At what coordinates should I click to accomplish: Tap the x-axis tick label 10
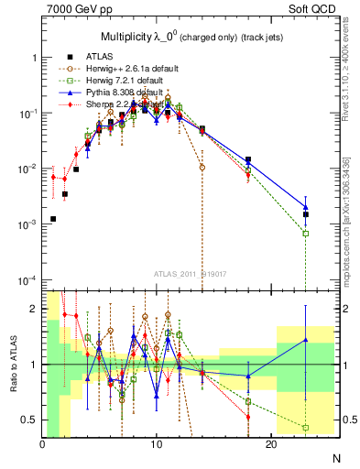(157, 443)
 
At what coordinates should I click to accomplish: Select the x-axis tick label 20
(270, 443)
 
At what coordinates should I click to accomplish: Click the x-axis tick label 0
(43, 443)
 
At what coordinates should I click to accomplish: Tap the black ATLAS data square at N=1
(54, 219)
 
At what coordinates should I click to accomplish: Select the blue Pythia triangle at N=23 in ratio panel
(306, 341)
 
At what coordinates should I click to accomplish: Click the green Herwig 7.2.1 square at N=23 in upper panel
(306, 233)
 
